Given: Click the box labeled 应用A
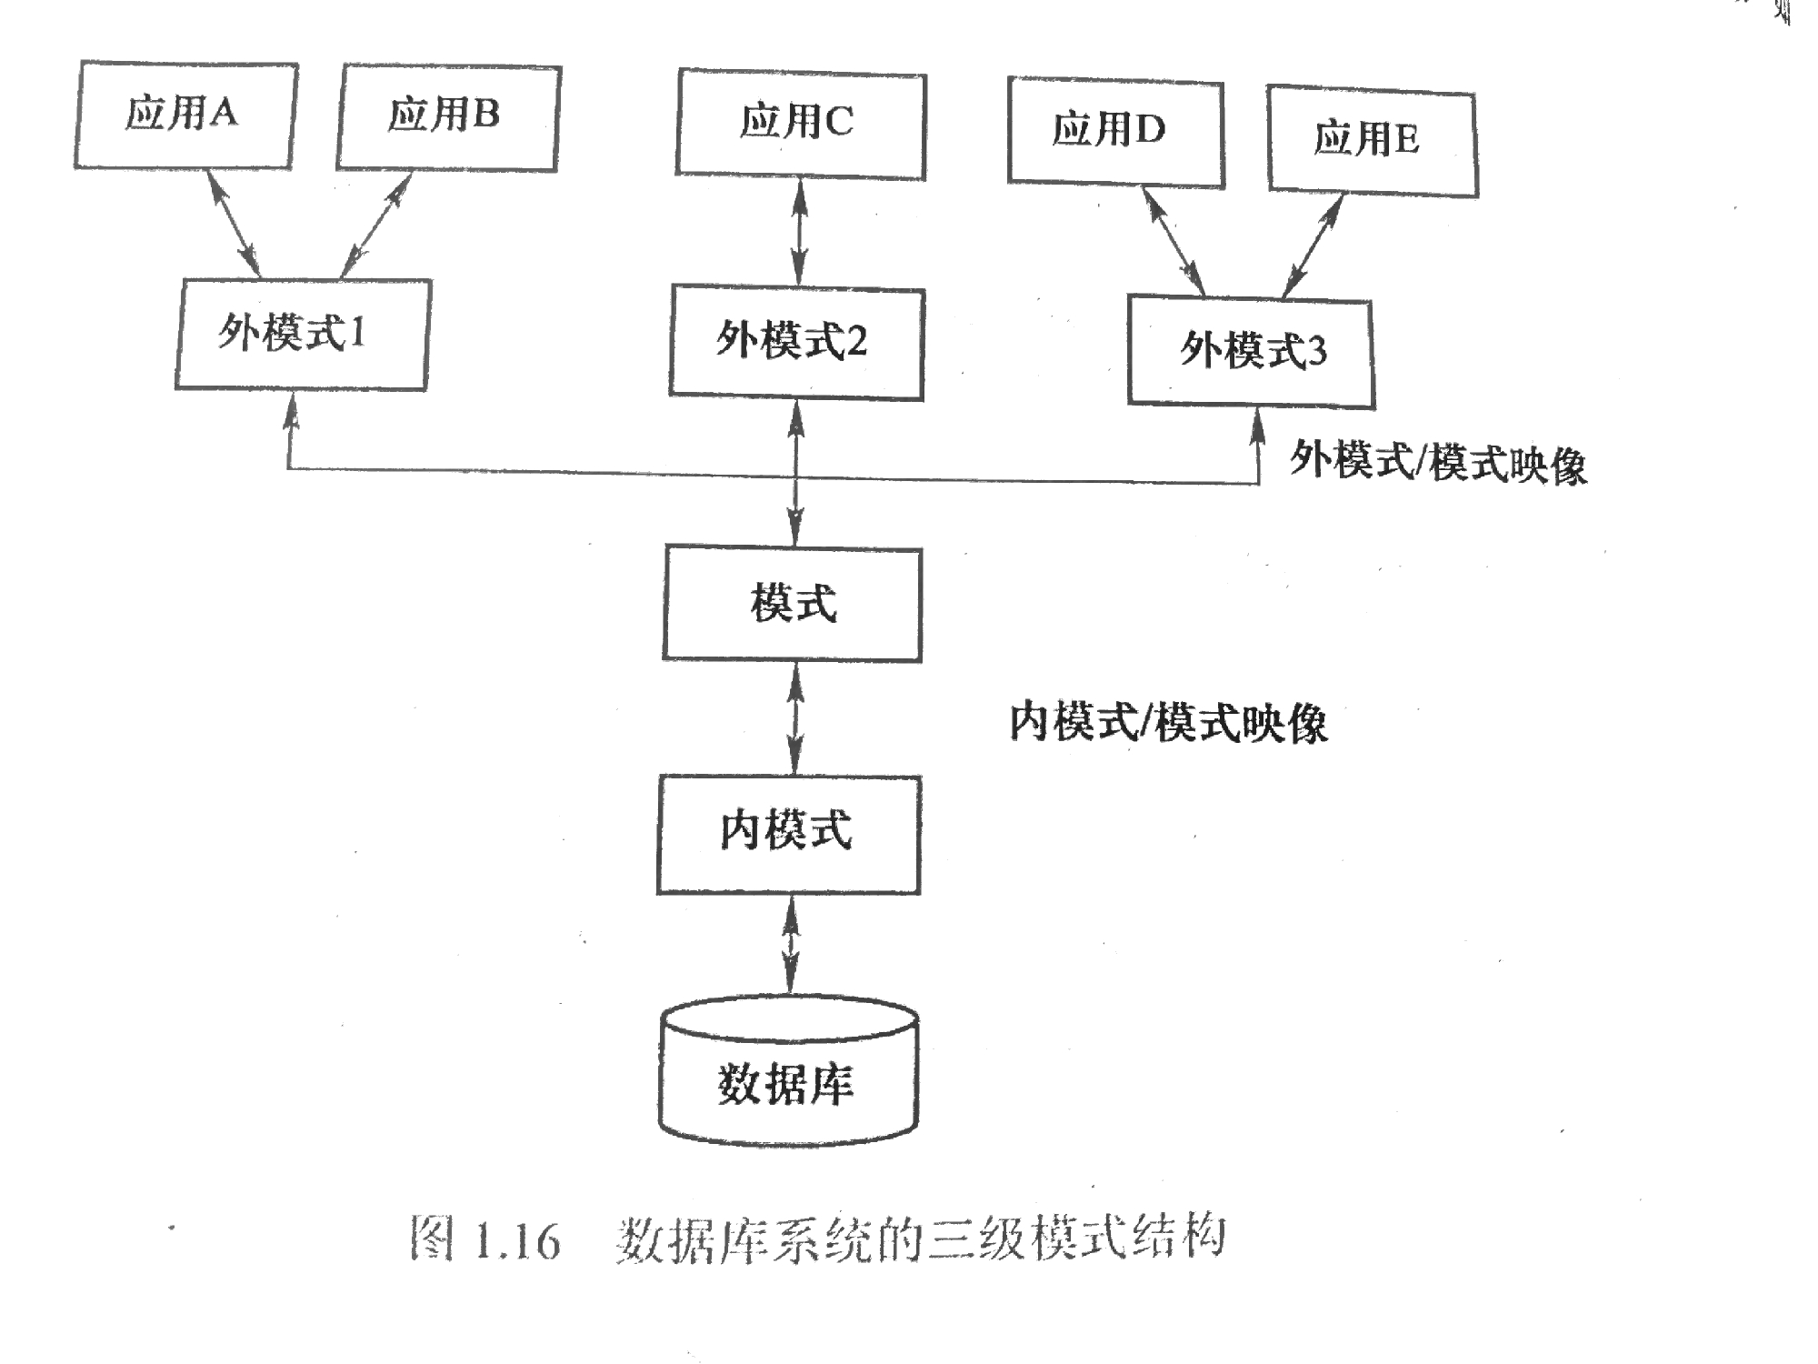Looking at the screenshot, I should click(185, 115).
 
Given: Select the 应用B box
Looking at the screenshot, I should click(447, 118).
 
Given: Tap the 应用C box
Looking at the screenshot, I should click(800, 125).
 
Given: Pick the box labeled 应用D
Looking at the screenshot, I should click(1115, 134).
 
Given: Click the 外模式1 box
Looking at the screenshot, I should click(302, 334).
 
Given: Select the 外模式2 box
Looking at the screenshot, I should click(796, 343).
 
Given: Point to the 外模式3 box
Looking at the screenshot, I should click(1251, 352).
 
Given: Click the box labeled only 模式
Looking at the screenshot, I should click(792, 604).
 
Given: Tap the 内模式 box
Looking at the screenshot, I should click(788, 833).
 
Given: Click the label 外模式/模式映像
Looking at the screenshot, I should click(1438, 462).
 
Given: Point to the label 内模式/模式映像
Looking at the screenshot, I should click(1168, 724).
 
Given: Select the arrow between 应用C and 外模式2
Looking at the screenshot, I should click(799, 233).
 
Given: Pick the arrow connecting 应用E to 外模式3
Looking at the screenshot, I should click(1312, 246).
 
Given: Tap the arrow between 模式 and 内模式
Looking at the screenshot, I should click(795, 718).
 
